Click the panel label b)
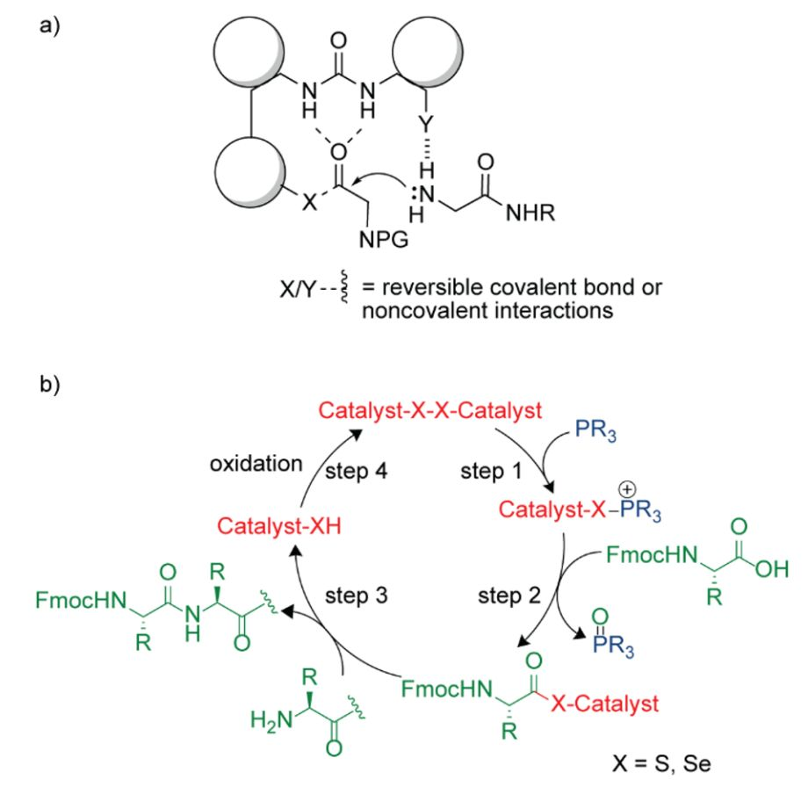50,385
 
